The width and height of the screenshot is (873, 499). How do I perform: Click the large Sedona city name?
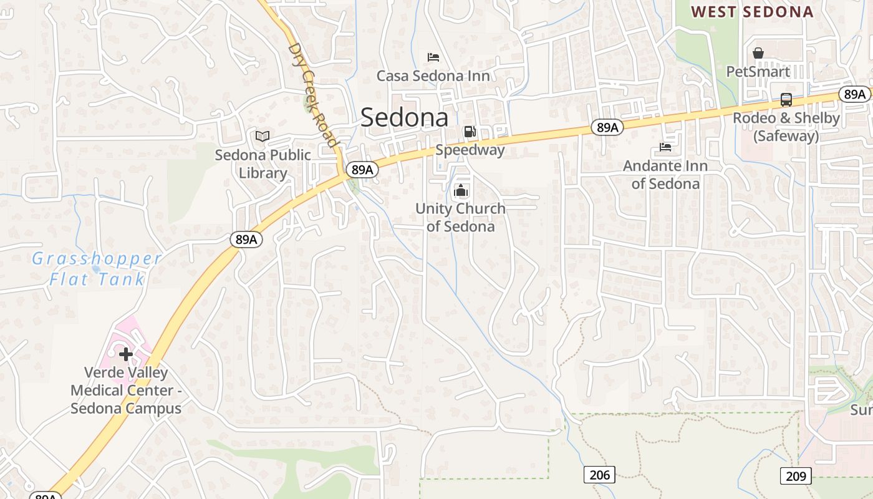[404, 117]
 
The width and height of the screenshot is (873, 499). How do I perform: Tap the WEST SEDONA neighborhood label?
[752, 12]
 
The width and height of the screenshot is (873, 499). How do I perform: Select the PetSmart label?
[758, 72]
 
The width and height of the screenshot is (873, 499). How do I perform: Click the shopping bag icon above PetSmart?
[758, 53]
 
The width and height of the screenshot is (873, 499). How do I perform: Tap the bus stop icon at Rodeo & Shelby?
[786, 100]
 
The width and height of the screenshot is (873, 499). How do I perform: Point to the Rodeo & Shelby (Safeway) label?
[786, 127]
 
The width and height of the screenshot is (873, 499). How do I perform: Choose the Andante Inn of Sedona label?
[665, 175]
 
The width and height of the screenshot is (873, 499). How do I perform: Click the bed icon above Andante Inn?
[665, 148]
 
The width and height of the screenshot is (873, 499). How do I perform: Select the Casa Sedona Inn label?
[433, 76]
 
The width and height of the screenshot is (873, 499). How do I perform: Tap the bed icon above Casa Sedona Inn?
[433, 57]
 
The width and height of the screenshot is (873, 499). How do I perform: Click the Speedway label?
[470, 150]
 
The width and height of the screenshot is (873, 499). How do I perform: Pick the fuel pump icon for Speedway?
[470, 132]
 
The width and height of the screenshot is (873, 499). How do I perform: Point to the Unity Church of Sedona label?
[460, 217]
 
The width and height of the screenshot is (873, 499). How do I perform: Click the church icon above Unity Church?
[461, 190]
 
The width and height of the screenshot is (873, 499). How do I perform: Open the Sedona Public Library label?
[263, 163]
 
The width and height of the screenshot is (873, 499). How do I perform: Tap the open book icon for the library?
[263, 136]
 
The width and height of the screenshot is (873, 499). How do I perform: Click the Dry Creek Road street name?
[314, 94]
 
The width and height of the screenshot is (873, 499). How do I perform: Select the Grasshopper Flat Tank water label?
[97, 268]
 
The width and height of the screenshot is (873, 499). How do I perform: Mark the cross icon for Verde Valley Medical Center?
[126, 354]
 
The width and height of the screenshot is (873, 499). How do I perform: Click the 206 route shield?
[599, 475]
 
